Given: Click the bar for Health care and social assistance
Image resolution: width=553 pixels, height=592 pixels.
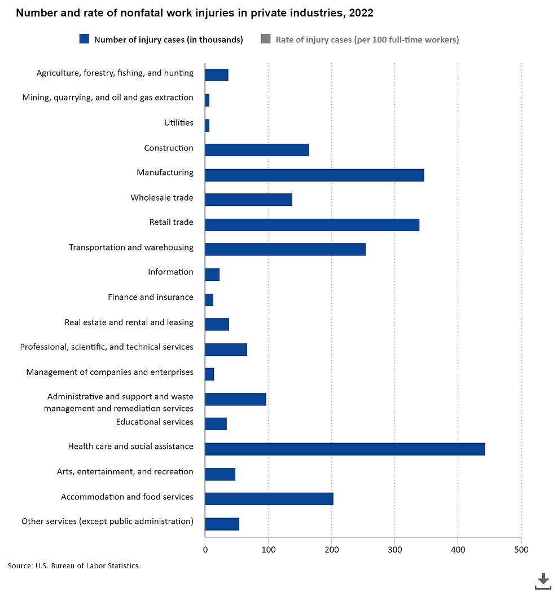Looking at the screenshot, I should pos(345,449).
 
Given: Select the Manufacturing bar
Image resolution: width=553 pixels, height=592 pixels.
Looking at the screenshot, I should pos(314,175).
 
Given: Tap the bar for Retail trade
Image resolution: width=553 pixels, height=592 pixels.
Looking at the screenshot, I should pos(312,224).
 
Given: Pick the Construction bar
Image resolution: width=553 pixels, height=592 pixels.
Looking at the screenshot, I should pos(257,149).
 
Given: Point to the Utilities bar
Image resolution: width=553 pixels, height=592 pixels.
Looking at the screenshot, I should pos(207,125).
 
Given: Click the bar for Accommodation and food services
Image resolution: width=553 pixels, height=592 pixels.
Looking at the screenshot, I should pos(269,498).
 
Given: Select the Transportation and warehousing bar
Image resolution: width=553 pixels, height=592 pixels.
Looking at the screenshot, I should pos(285,249).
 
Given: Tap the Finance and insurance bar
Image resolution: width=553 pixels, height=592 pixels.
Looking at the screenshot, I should pos(209,299).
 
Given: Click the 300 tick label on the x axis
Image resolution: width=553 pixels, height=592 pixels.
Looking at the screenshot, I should pos(394,549).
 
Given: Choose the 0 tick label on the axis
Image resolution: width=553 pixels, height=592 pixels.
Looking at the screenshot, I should pos(205,549).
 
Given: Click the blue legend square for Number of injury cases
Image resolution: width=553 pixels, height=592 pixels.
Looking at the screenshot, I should pos(84,39).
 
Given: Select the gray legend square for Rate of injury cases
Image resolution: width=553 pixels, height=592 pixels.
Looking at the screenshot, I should pos(266,39).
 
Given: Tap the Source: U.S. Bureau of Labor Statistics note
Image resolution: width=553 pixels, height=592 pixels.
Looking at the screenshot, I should pos(74,566).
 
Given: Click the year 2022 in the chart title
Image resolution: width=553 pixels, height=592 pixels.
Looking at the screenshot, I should pos(361,13).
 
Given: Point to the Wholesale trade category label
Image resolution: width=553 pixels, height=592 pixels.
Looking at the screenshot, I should pos(162,197).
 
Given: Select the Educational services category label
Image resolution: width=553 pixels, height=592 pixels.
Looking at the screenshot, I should pos(155,422).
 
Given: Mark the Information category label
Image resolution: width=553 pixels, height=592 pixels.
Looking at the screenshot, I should pos(170,272).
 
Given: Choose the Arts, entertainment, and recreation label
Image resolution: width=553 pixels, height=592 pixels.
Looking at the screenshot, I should pos(125,471).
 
